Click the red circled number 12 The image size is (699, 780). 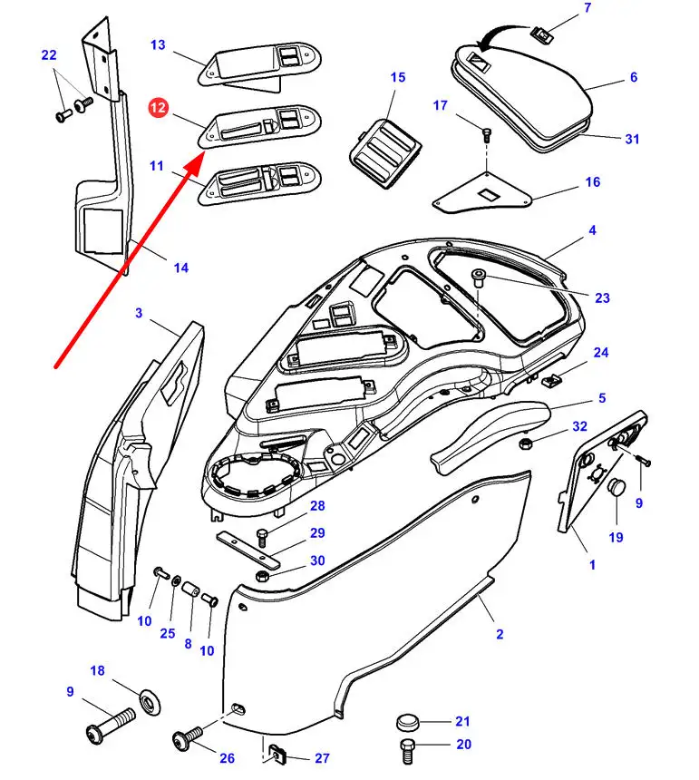[159, 108]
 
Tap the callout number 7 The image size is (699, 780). [587, 8]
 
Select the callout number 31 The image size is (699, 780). [632, 139]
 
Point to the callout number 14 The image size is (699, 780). [181, 268]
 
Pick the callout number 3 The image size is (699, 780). [139, 313]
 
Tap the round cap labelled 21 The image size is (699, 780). [409, 724]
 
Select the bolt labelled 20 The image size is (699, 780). [407, 750]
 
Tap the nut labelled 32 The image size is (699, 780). [525, 444]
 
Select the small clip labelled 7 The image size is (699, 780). [543, 34]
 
